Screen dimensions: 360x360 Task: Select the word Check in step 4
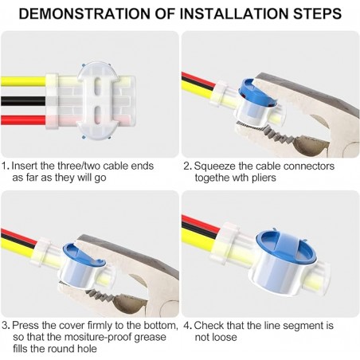pos(213,327)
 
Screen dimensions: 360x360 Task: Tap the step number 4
pos(186,327)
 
